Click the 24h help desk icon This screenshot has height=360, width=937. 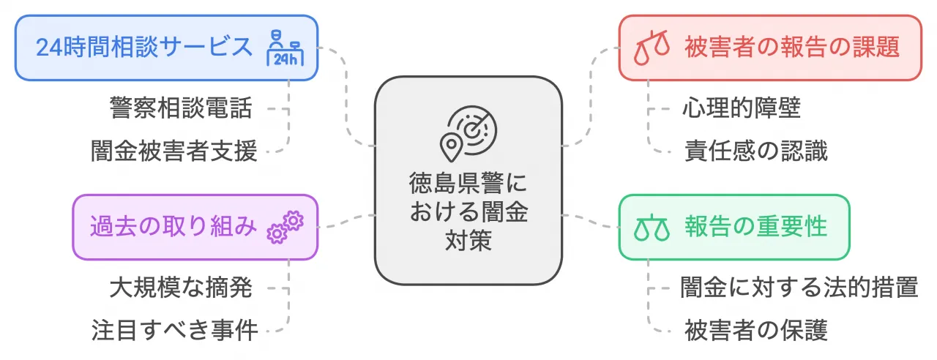[x=285, y=48]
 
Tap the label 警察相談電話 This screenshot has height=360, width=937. [x=181, y=108]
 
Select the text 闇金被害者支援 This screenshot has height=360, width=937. [x=174, y=151]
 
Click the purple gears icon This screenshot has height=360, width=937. [x=285, y=227]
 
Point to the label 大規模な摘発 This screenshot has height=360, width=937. [x=181, y=288]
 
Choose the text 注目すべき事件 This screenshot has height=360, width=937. [x=174, y=330]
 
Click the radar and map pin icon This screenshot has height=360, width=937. [x=468, y=134]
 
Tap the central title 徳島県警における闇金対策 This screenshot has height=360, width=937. [x=468, y=212]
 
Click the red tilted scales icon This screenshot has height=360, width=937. [x=652, y=48]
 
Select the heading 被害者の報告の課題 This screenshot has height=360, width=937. [x=792, y=47]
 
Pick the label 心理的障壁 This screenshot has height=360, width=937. [x=742, y=108]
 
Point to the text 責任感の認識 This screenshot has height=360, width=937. [x=756, y=151]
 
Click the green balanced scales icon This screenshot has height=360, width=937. [x=652, y=228]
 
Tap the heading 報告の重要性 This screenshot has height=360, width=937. [x=756, y=226]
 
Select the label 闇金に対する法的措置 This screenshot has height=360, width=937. [x=799, y=288]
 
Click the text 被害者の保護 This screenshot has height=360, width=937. [x=756, y=330]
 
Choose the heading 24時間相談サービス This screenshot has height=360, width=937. [x=144, y=47]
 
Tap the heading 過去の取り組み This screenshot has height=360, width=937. [x=173, y=226]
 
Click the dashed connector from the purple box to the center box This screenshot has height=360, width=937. [x=347, y=221]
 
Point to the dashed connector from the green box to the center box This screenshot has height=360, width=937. [x=590, y=221]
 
